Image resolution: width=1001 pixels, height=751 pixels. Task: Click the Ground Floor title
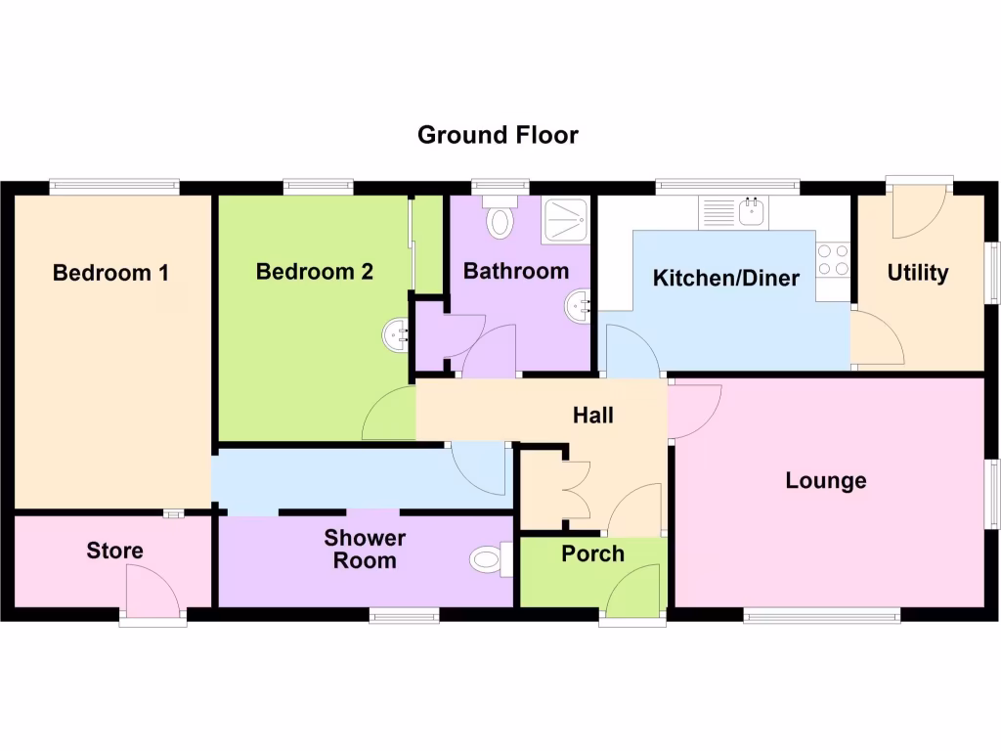498,135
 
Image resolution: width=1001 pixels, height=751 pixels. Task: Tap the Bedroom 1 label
110,273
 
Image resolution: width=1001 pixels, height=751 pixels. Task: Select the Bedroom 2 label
314,272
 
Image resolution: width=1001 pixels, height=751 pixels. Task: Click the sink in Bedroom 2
396,336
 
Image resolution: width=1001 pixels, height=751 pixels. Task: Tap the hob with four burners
832,259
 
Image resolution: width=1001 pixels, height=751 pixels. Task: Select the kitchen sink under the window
752,210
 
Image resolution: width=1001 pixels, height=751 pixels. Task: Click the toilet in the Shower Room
490,560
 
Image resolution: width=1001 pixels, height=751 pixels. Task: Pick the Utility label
917,273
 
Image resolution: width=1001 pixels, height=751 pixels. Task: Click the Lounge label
826,481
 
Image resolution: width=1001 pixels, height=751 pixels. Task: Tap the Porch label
592,554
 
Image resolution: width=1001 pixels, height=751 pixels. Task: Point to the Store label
114,551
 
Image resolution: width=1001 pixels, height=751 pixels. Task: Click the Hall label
592,416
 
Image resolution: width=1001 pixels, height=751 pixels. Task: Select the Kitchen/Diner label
725,279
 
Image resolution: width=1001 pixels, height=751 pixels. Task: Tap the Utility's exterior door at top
919,207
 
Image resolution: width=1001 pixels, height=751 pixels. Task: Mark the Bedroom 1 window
114,185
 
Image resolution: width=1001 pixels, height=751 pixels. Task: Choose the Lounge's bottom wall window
821,615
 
